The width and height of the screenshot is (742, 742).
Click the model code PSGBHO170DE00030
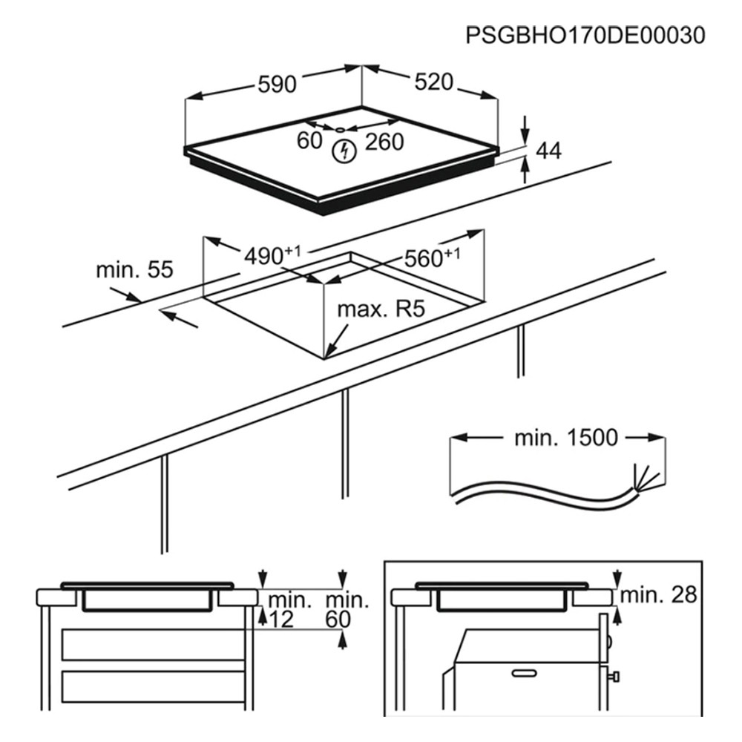coord(585,35)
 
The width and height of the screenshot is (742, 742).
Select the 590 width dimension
coord(278,85)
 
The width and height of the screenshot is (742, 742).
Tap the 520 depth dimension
coord(434,82)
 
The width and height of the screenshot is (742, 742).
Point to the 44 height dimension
coord(548,151)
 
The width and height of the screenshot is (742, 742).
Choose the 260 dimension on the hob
coord(384,142)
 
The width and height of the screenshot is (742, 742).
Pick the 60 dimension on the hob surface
coord(309,140)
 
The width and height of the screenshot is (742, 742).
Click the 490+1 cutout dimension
coord(272,255)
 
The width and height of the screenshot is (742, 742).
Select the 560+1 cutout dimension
coord(432,258)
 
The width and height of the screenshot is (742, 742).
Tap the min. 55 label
coord(135,270)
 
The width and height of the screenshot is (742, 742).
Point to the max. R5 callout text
coord(381,309)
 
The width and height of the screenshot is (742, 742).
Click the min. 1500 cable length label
coord(566,438)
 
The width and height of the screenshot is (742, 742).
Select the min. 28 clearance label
coord(658,594)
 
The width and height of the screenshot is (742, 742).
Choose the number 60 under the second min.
coord(338,620)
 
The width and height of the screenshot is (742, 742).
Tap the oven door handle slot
coord(524,672)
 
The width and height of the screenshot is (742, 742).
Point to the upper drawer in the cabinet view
coord(154,645)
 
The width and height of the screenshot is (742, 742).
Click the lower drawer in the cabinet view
coord(154,686)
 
